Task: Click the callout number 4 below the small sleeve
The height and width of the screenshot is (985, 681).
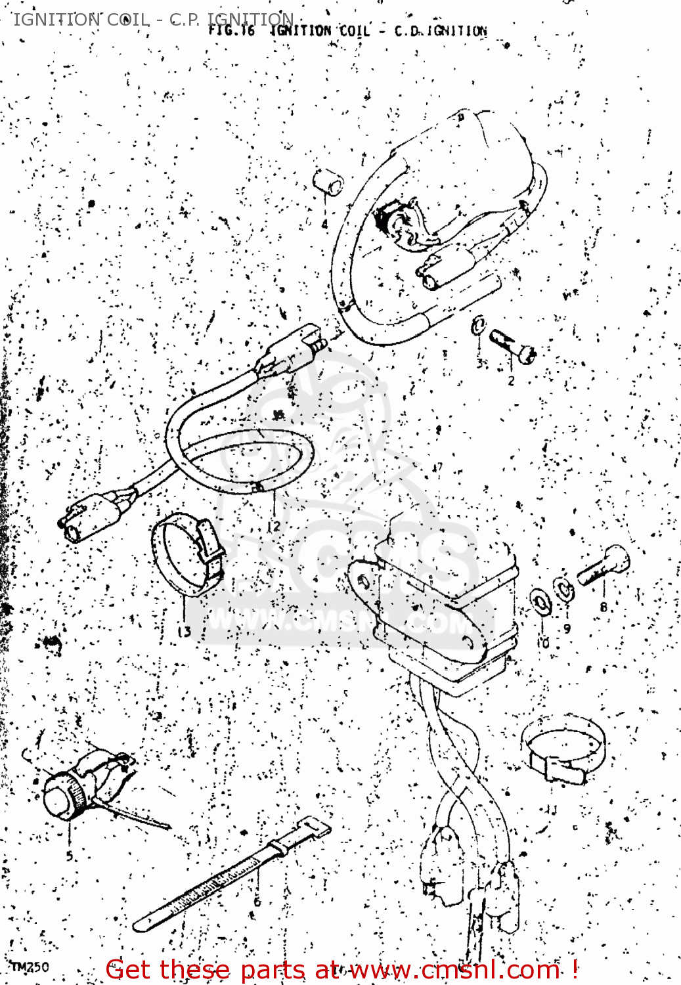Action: click(324, 225)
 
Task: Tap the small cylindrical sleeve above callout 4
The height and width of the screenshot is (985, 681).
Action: click(328, 182)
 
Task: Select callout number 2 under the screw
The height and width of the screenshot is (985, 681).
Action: click(512, 380)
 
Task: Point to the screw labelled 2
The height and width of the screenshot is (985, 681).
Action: click(513, 346)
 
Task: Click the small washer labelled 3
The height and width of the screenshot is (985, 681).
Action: click(479, 324)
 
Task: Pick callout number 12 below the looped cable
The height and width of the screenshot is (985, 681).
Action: click(274, 525)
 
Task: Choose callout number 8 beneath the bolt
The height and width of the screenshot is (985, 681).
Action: click(604, 607)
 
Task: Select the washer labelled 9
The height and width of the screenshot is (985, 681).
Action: click(563, 589)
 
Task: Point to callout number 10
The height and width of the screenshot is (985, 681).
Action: click(543, 642)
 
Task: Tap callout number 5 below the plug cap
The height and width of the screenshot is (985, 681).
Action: click(70, 856)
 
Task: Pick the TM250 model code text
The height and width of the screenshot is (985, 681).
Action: click(30, 967)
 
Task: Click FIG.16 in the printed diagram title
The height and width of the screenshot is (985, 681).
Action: click(231, 30)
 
